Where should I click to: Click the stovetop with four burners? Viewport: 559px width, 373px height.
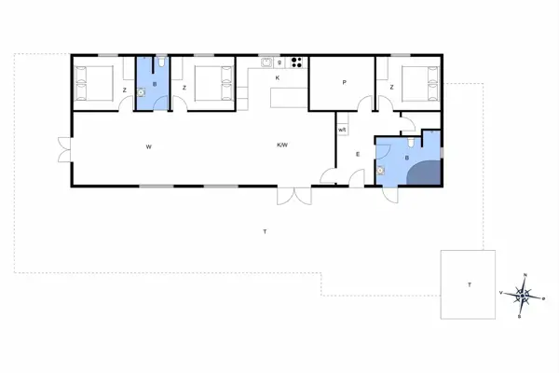point(297,63)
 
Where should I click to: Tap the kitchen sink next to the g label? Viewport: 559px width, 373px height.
point(267,63)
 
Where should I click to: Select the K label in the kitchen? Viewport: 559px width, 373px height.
point(278,77)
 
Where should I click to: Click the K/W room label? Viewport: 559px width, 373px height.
point(282,145)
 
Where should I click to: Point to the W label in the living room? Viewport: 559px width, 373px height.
point(148,146)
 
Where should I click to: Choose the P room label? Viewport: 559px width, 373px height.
point(344,83)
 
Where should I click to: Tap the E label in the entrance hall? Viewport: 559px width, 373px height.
point(358,154)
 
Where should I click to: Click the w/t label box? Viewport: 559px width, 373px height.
point(342,130)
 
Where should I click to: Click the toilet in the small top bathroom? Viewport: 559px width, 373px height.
point(162,62)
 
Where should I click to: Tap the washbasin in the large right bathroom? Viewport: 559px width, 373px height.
point(382,172)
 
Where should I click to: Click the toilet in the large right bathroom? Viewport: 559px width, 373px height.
point(411,144)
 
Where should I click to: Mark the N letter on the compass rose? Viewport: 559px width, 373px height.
point(525,275)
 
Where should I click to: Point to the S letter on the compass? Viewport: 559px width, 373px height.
point(519,317)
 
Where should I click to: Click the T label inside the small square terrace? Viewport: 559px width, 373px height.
point(469,284)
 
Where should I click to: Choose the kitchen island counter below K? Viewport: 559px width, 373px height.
point(288,96)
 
